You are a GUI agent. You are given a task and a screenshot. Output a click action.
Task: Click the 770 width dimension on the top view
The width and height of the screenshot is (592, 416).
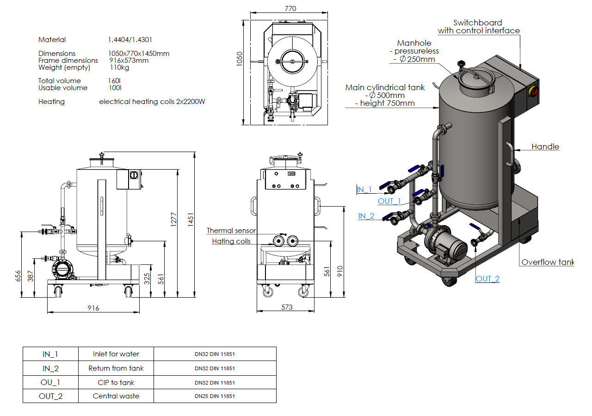pyautogui.click(x=290, y=9)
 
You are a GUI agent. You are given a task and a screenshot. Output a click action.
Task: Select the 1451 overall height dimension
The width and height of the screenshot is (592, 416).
pyautogui.click(x=191, y=220)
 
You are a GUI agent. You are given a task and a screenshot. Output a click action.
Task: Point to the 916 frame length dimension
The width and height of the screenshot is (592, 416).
pyautogui.click(x=93, y=308)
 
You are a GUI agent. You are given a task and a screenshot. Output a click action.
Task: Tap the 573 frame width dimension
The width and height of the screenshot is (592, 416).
pyautogui.click(x=287, y=307)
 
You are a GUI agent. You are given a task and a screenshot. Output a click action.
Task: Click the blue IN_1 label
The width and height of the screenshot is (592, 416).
pyautogui.click(x=364, y=190)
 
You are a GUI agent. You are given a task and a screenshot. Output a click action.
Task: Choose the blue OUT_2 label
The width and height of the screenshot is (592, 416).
pyautogui.click(x=487, y=279)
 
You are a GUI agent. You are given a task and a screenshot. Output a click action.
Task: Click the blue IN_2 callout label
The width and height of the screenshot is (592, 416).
pyautogui.click(x=366, y=216)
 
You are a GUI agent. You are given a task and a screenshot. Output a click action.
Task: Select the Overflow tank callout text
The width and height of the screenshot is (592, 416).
pyautogui.click(x=548, y=262)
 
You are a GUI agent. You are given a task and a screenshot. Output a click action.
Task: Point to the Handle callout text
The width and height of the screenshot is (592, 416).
pyautogui.click(x=545, y=147)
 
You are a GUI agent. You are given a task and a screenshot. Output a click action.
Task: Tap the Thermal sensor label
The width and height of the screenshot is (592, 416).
pyautogui.click(x=231, y=231)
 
